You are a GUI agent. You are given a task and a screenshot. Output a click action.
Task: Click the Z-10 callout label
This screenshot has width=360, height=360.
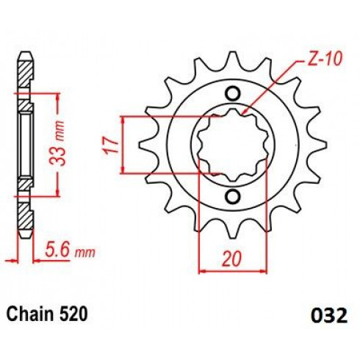324,60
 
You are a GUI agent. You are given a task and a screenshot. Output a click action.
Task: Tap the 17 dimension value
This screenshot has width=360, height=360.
111,145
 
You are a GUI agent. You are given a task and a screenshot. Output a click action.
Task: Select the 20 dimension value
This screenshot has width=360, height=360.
231,259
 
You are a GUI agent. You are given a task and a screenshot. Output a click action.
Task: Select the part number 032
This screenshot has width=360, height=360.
329,315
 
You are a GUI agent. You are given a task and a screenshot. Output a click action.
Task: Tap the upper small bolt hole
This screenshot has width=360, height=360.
232,93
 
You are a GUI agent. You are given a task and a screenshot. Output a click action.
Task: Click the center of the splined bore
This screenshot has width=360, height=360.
233,145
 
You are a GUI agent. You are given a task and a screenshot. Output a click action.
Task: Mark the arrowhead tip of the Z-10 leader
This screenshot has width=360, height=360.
242,115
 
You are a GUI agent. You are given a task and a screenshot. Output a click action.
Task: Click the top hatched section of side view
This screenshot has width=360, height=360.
26,73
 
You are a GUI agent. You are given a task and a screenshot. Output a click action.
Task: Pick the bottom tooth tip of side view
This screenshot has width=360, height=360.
26,234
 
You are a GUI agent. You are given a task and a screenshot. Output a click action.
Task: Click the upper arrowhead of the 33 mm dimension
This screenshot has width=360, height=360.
58,97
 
